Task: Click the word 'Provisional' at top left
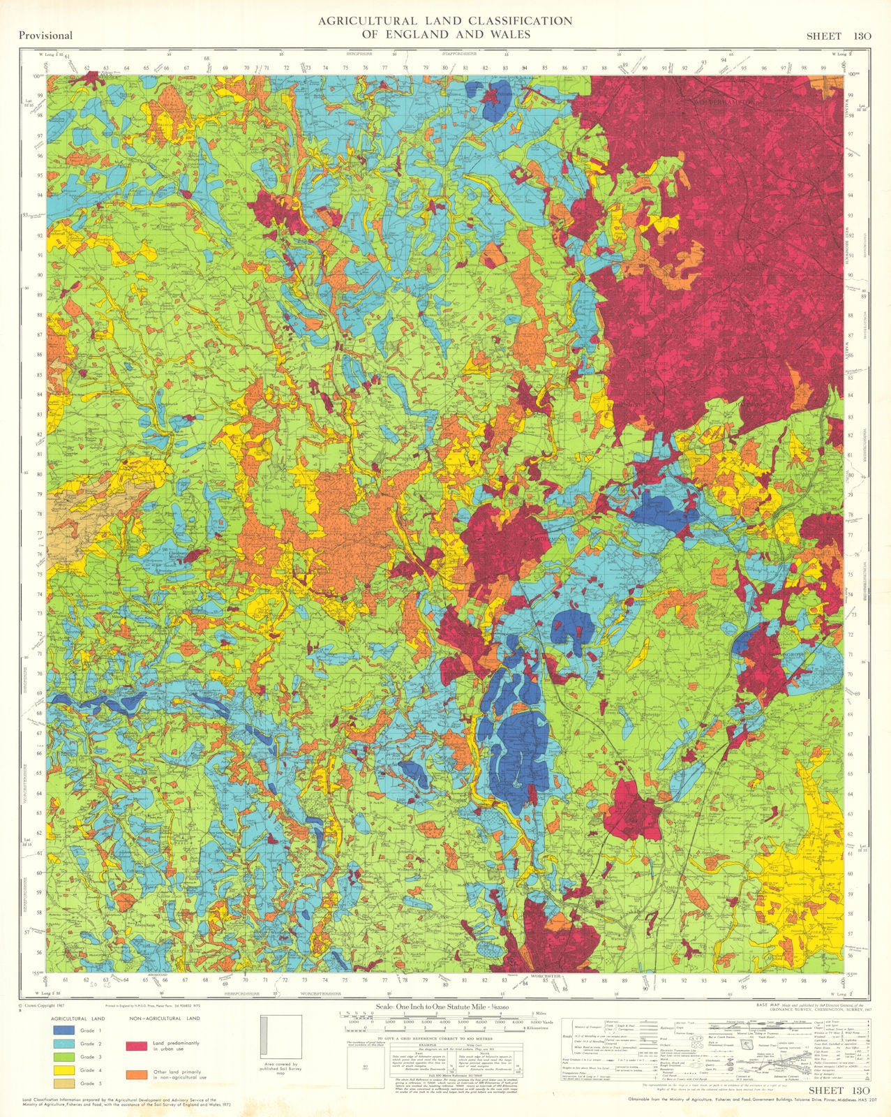tap(46, 36)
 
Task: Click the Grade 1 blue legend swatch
tap(65, 1030)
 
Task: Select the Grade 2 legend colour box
tap(65, 1044)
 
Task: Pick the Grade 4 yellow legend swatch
tap(65, 1070)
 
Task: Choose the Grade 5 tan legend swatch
tap(65, 1083)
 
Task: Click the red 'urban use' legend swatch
tap(136, 1046)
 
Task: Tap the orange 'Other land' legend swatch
tap(136, 1074)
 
